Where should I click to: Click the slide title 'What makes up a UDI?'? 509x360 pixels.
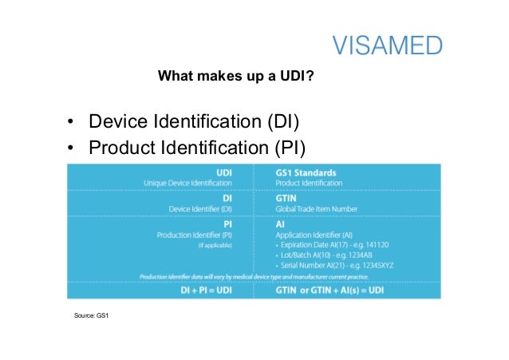pos(235,77)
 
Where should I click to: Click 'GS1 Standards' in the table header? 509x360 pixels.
pos(306,172)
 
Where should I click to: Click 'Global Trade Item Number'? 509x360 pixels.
pos(317,209)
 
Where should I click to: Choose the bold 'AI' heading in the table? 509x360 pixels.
pos(280,224)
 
